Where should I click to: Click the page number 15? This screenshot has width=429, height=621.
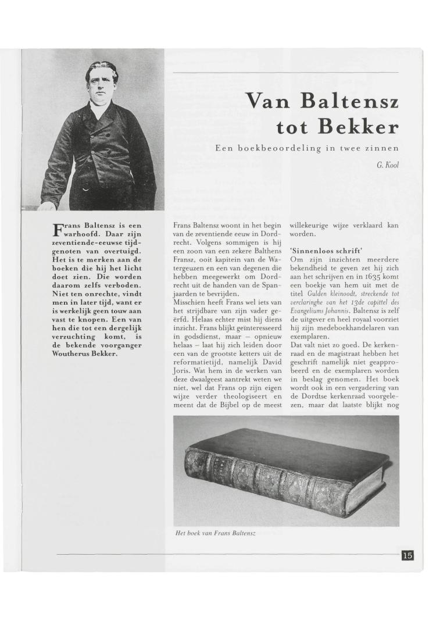407,555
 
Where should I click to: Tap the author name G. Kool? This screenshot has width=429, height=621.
387,165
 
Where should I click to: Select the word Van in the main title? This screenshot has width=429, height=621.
267,102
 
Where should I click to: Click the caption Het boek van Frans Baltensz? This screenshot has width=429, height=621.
215,533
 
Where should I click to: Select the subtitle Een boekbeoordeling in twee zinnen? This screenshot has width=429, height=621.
306,149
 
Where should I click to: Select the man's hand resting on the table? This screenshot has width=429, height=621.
48,205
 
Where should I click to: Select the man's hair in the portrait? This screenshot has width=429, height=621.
102,69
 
